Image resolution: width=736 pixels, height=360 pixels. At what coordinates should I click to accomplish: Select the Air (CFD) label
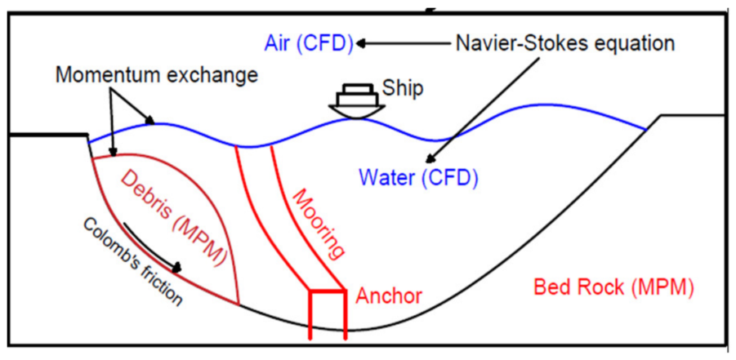coord(309,43)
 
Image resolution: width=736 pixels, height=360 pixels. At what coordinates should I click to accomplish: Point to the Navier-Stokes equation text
coord(565,44)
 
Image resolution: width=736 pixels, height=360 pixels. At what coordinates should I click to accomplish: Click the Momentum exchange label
coord(157,74)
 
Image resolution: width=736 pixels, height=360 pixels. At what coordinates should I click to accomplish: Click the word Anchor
coord(389,296)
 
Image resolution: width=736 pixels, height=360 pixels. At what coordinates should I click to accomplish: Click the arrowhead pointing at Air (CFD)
coord(361,43)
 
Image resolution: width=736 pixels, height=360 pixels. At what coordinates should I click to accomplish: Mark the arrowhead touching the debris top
coord(112,151)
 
